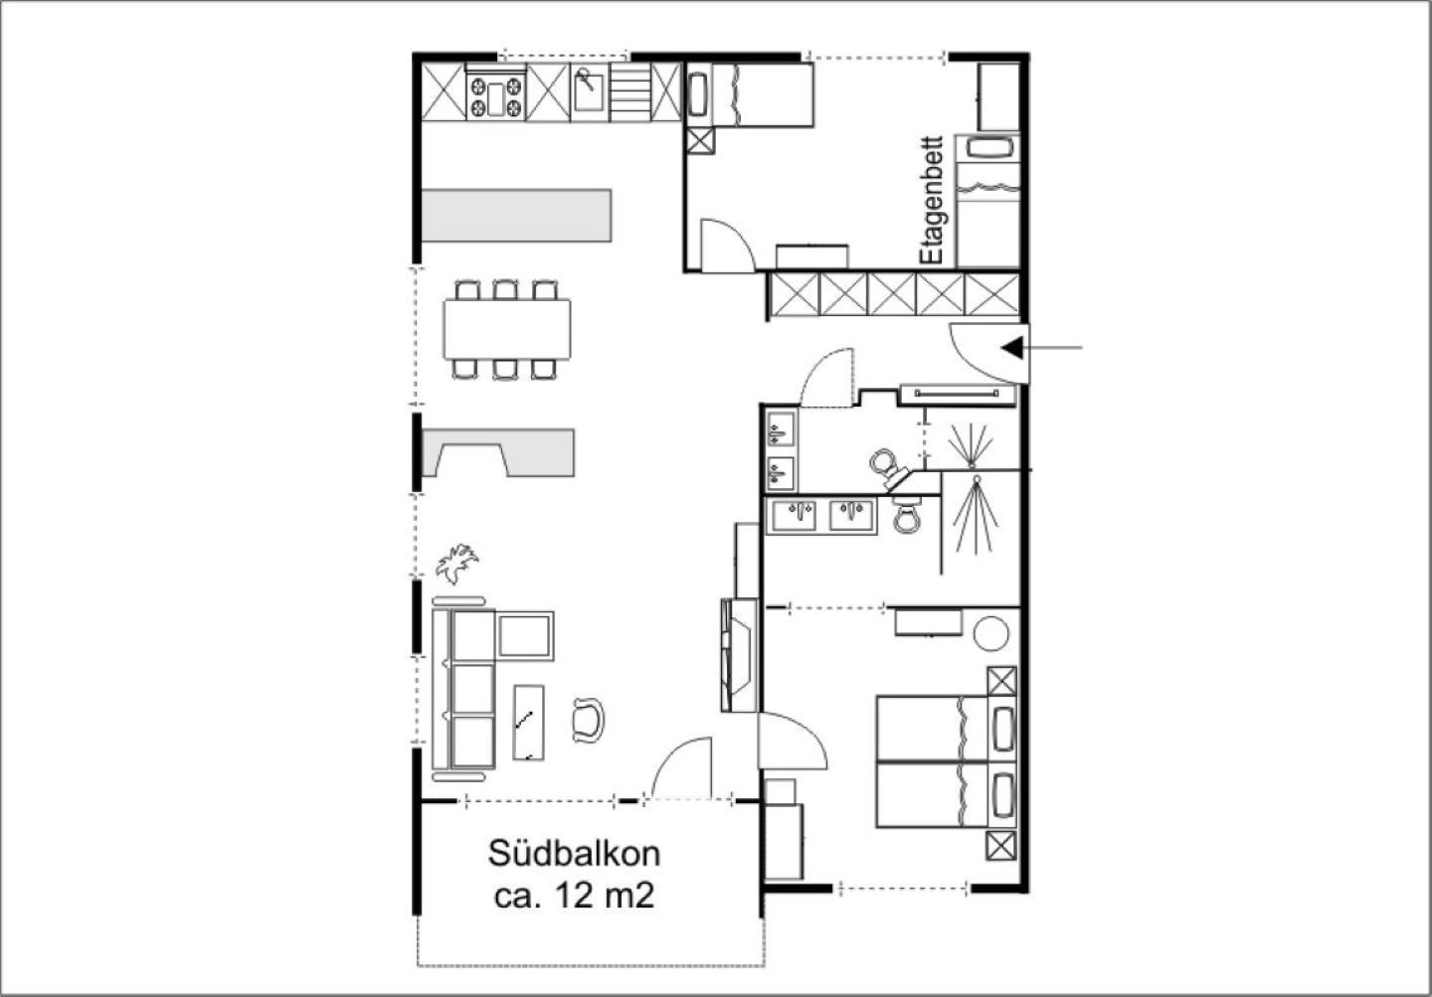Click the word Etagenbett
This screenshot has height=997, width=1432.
[932, 200]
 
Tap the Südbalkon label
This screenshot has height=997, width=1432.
[574, 854]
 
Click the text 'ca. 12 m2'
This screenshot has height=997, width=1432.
[574, 896]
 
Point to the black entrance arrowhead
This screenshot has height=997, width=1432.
[1012, 348]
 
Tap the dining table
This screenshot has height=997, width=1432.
[507, 330]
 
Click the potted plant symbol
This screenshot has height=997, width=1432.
[456, 563]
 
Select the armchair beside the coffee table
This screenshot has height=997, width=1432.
[588, 720]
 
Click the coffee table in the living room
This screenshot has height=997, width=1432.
[529, 723]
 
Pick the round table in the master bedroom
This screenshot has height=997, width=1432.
[990, 633]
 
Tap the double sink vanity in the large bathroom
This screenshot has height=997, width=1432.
[821, 516]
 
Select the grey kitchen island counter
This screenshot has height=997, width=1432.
[516, 216]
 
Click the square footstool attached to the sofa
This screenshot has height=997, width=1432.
[525, 636]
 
